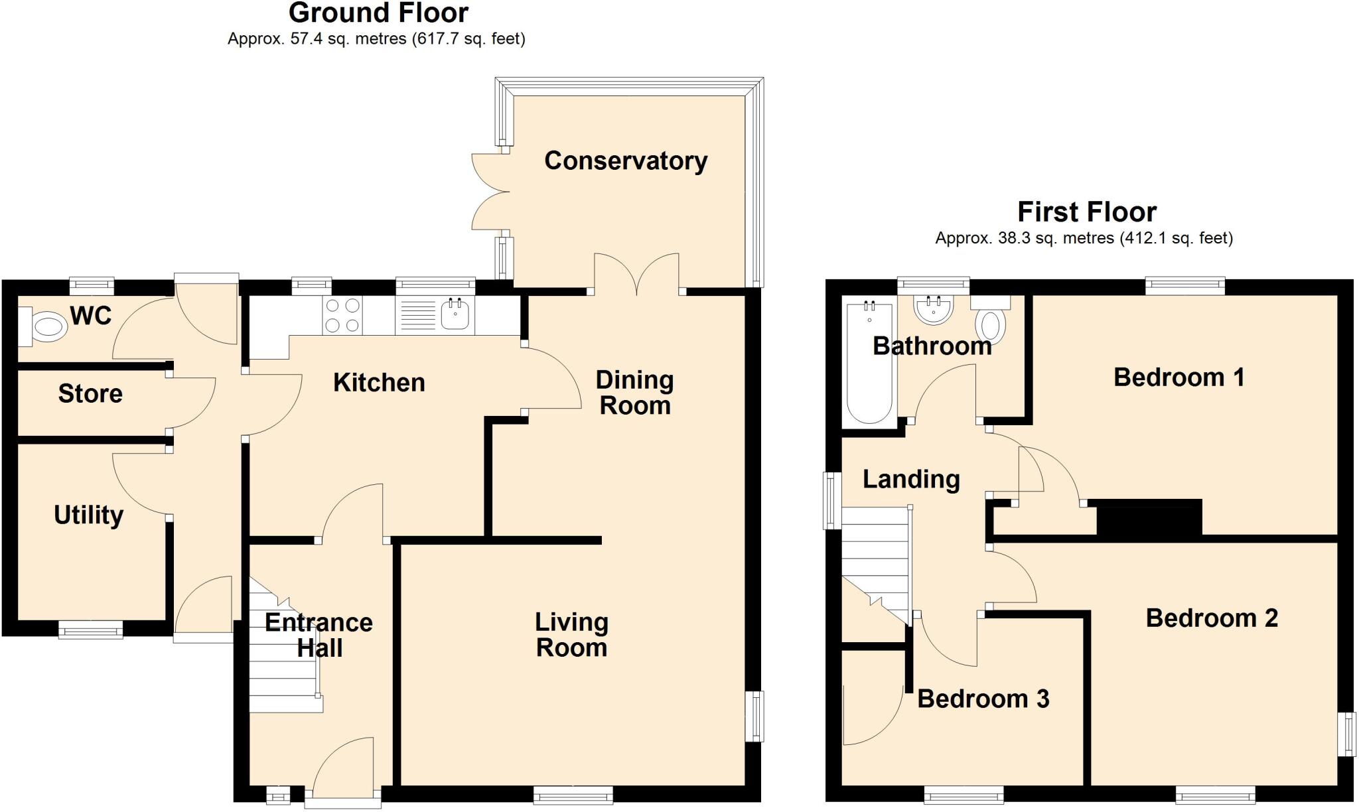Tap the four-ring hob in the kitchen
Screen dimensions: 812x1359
(x=342, y=315)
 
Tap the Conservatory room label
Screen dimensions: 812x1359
(x=625, y=161)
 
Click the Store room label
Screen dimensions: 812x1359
(x=90, y=394)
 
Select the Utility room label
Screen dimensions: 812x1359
(x=88, y=515)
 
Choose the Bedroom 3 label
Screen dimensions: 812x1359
(x=983, y=699)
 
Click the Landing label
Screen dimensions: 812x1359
(x=910, y=479)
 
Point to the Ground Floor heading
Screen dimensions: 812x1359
(x=378, y=13)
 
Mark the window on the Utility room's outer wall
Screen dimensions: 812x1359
(x=90, y=629)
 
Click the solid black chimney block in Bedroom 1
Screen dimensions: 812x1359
(x=1149, y=517)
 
